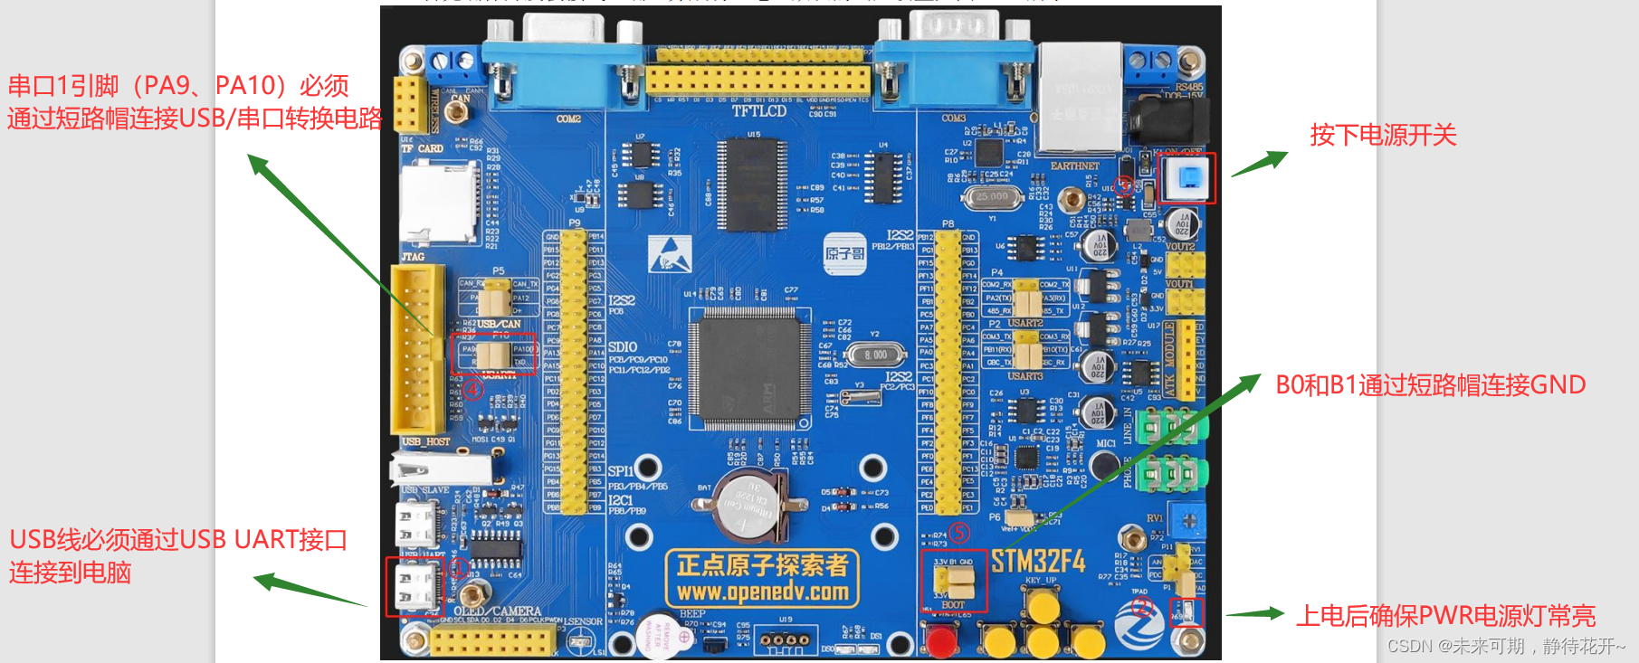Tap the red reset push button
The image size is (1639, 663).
[942, 640]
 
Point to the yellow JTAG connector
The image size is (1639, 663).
[417, 348]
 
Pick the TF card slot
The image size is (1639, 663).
[439, 204]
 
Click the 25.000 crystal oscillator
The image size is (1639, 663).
[993, 195]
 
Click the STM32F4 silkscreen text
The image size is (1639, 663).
[1037, 562]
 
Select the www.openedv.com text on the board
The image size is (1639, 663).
[762, 592]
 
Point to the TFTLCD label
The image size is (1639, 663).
[758, 111]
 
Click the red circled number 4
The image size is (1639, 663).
[473, 390]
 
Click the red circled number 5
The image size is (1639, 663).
[958, 533]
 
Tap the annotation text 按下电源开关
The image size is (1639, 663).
[1383, 136]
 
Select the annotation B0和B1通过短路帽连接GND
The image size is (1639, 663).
[1430, 385]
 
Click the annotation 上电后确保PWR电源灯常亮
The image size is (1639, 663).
[1445, 616]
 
